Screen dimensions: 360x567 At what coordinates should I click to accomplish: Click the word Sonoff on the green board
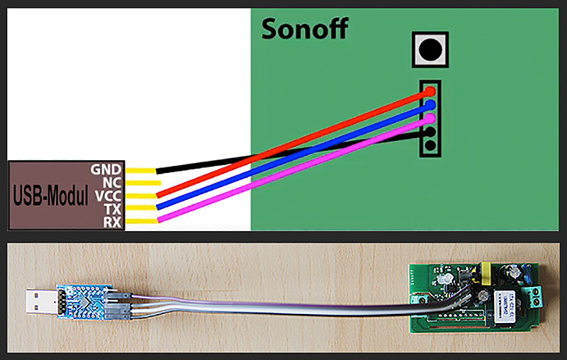click(305, 30)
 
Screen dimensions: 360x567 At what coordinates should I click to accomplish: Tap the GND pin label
click(106, 169)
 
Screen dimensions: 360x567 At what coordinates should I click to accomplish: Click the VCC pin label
click(107, 196)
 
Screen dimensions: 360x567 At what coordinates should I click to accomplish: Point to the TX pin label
click(111, 209)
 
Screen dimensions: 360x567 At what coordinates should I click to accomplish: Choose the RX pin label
click(111, 223)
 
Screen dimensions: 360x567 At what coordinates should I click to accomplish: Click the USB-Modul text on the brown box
click(50, 196)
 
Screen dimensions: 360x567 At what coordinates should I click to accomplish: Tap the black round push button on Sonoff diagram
click(429, 50)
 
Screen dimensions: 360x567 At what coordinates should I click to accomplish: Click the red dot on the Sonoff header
click(430, 92)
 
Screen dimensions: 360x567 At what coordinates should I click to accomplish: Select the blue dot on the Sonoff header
click(430, 105)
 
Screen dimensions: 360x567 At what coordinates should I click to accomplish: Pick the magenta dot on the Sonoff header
click(430, 118)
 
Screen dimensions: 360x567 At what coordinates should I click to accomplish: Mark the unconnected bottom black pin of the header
click(430, 145)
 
